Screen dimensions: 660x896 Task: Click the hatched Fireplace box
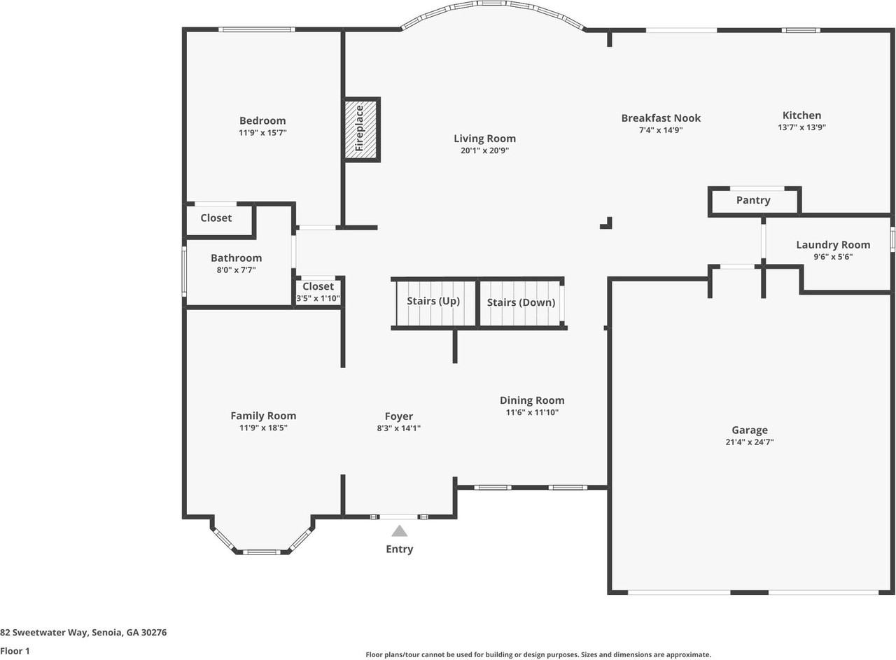361,129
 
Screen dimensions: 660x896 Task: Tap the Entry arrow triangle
399,531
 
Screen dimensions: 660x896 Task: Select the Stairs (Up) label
433,302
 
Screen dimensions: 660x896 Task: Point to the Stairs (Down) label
521,302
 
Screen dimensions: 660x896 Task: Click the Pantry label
753,200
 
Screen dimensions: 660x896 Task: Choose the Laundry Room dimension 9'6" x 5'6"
833,257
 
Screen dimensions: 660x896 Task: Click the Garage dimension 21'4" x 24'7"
750,442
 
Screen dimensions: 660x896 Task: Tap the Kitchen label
801,115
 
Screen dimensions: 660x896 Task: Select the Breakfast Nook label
661,118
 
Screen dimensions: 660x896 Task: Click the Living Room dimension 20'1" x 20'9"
484,150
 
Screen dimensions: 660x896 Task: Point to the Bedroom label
262,120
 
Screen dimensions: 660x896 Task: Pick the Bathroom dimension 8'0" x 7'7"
236,269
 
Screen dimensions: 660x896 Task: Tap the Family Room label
263,416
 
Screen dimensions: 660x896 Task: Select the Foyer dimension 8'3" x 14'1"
398,428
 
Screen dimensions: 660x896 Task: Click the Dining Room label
532,400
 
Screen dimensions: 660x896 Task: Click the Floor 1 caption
15,651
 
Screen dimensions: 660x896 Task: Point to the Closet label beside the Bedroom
216,218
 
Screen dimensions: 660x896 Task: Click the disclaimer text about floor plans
538,655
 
